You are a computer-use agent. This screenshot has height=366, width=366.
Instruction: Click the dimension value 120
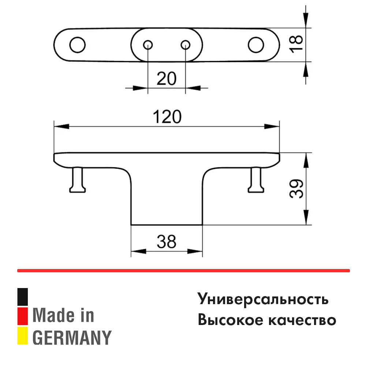(x=167, y=117)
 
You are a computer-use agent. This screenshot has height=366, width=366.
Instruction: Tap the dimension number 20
(x=167, y=78)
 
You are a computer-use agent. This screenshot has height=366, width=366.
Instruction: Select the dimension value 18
(x=297, y=44)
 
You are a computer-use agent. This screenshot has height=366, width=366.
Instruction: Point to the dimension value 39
(x=297, y=189)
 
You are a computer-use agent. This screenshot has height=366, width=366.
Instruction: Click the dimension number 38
(x=167, y=242)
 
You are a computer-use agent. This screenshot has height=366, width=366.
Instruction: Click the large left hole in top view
(x=77, y=45)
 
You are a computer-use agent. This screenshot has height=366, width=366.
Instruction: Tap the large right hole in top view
(x=255, y=45)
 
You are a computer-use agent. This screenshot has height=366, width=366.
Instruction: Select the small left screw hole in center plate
(x=148, y=45)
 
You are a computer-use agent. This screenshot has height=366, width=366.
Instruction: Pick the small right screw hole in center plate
(x=186, y=45)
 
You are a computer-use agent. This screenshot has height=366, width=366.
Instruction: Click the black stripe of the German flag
(x=23, y=297)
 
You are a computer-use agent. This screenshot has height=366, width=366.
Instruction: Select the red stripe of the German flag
(x=23, y=316)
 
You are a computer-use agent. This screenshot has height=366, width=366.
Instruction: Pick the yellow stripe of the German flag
(x=23, y=336)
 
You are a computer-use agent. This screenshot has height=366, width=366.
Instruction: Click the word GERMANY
(x=72, y=337)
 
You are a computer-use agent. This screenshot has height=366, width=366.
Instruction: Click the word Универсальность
(x=263, y=299)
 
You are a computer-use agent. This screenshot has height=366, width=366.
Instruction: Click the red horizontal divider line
(x=183, y=271)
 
